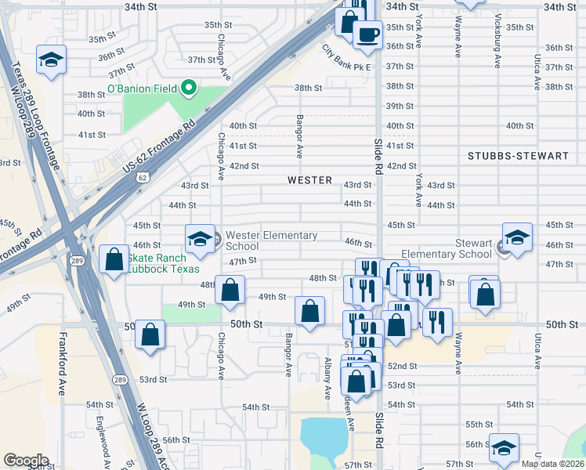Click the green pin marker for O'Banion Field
pyautogui.click(x=188, y=87)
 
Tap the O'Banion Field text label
pyautogui.click(x=143, y=88)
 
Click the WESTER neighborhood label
pyautogui.click(x=309, y=180)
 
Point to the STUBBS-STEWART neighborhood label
pyautogui.click(x=518, y=156)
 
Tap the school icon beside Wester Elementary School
pyautogui.click(x=199, y=239)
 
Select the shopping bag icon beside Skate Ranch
pyautogui.click(x=114, y=260)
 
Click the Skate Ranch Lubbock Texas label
pyautogui.click(x=157, y=264)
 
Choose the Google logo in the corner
pyautogui.click(x=26, y=461)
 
